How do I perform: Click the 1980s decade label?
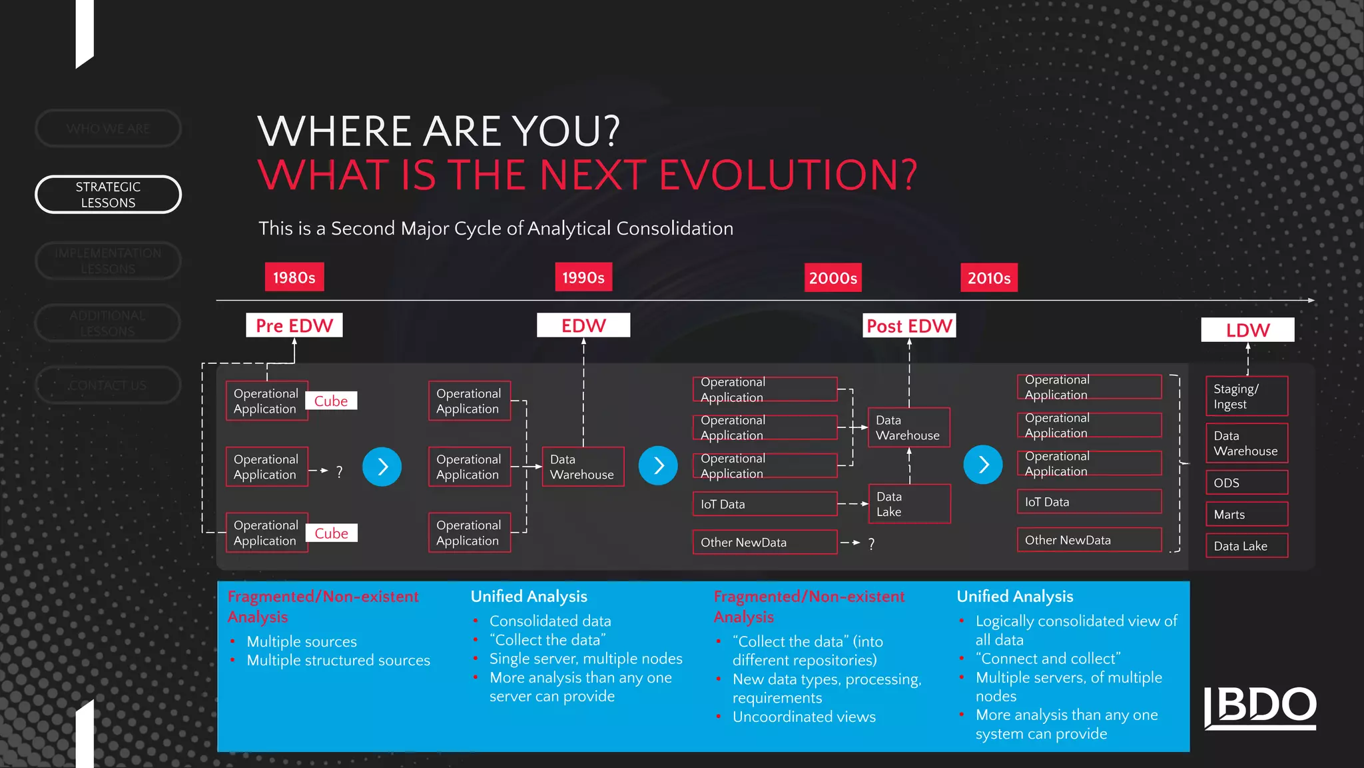click(x=294, y=277)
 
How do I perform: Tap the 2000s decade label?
click(x=833, y=278)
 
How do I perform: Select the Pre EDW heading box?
click(x=294, y=325)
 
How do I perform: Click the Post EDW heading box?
click(x=909, y=326)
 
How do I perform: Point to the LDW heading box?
click(x=1247, y=330)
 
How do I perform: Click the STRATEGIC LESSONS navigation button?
click(x=108, y=195)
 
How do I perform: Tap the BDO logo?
click(x=1260, y=707)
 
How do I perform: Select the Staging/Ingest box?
click(x=1246, y=397)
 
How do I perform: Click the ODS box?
click(x=1246, y=483)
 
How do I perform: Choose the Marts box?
click(x=1246, y=515)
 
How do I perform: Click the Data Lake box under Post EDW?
click(x=909, y=504)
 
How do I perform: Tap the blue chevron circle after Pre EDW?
click(x=382, y=466)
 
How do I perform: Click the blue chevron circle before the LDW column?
click(x=982, y=465)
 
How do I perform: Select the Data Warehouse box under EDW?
click(x=583, y=467)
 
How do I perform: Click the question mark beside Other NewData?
click(x=871, y=544)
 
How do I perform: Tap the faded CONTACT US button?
click(x=108, y=385)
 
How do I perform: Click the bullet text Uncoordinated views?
click(x=804, y=717)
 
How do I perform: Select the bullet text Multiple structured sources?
click(x=338, y=660)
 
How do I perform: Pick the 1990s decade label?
click(x=583, y=277)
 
